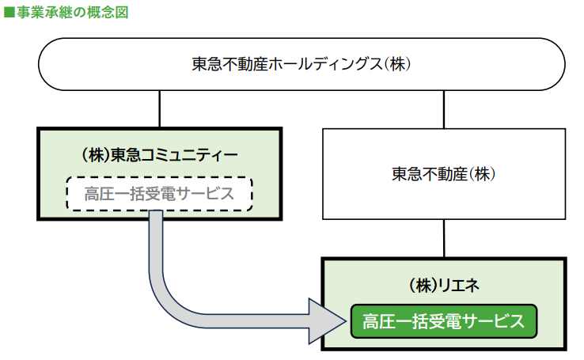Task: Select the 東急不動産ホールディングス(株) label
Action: point(301,63)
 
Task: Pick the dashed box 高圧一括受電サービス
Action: point(159,193)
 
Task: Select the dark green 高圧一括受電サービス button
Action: point(444,321)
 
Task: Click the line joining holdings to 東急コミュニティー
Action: point(160,109)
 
